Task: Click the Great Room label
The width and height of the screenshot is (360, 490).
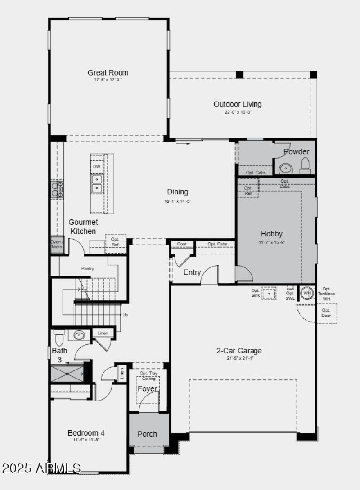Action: (x=108, y=72)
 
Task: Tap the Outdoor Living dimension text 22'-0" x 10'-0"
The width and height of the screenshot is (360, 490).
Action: (x=237, y=112)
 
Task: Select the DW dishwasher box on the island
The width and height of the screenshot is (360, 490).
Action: (x=97, y=166)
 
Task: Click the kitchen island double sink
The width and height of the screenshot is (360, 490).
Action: (x=97, y=183)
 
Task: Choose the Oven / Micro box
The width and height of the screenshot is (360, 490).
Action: (x=57, y=244)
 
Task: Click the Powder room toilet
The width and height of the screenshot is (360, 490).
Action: (x=305, y=165)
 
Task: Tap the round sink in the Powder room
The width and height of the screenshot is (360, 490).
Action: (x=285, y=168)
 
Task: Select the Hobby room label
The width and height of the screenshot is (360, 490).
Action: (x=272, y=234)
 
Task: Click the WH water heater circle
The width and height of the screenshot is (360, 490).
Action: (x=307, y=293)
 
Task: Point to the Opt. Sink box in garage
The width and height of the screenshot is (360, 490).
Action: (x=269, y=293)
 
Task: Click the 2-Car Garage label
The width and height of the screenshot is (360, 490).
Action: (x=239, y=351)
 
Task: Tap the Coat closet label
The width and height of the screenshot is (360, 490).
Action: (x=182, y=244)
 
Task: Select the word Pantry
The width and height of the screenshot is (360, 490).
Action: (x=87, y=268)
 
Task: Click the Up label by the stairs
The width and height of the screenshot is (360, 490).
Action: (x=125, y=315)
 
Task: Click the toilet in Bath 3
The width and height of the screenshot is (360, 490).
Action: (x=58, y=335)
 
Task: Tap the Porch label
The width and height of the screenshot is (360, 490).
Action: (x=147, y=434)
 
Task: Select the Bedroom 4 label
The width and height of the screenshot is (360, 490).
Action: (x=86, y=433)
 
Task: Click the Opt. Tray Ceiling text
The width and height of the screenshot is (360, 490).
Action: (x=148, y=376)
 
